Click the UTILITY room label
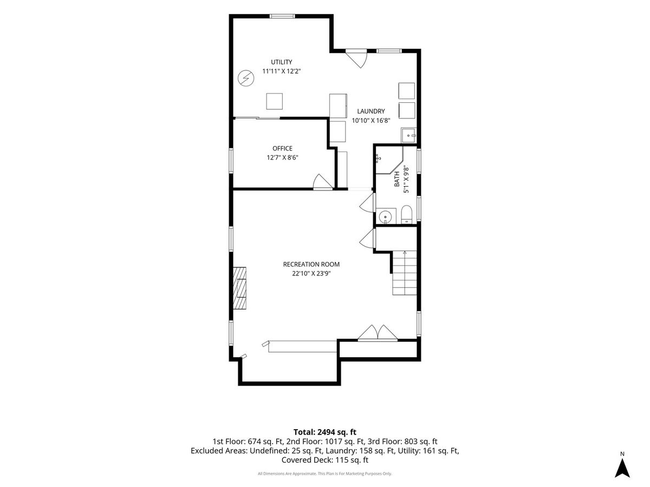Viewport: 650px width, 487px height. tap(281, 62)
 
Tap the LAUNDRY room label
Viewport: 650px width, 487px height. tap(370, 111)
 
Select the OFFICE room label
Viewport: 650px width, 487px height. tap(282, 148)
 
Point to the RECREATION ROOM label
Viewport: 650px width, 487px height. tap(311, 265)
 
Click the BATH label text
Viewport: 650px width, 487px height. tap(397, 179)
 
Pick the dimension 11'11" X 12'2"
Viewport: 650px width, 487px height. tap(281, 71)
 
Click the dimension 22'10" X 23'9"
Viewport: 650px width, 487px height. tap(311, 273)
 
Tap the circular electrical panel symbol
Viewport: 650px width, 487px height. tap(246, 78)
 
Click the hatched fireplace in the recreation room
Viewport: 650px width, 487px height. tap(239, 288)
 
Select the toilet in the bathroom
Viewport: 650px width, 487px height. tap(406, 214)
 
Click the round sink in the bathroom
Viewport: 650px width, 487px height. tap(385, 216)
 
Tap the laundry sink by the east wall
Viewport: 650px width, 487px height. tap(408, 135)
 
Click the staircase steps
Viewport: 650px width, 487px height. tap(405, 273)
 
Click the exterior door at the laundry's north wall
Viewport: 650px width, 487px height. tap(356, 59)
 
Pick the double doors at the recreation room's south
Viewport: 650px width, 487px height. tap(377, 333)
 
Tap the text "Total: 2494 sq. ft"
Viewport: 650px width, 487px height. tap(325, 432)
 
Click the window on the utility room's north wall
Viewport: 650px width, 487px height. tap(282, 16)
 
